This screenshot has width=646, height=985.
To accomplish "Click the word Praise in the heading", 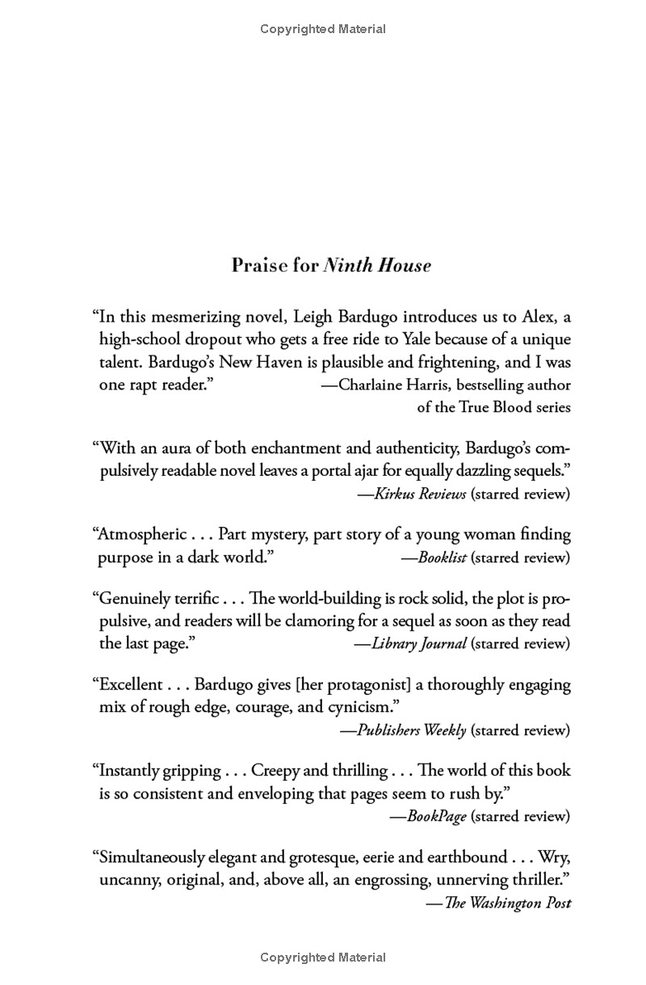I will pyautogui.click(x=260, y=265).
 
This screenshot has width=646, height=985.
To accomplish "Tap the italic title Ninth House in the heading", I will pyautogui.click(x=377, y=265).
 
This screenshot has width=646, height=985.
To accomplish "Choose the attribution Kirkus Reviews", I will pyautogui.click(x=420, y=494).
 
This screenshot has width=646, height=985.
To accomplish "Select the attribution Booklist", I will pyautogui.click(x=442, y=557).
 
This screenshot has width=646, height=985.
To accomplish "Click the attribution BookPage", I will pyautogui.click(x=436, y=816).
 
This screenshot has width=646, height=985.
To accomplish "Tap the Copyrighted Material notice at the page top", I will pyautogui.click(x=323, y=29).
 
